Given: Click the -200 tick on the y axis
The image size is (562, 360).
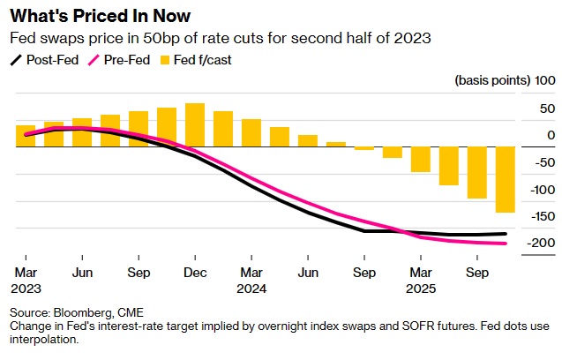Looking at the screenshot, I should tap(540, 244).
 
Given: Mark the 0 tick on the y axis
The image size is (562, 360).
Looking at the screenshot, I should tap(550, 135).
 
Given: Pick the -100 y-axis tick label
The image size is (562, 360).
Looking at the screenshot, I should tap(540, 190).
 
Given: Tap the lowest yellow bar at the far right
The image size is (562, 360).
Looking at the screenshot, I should tap(506, 180).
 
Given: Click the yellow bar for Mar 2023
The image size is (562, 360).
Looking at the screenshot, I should tap(26, 136).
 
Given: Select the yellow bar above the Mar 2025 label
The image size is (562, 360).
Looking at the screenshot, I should tap(421, 160).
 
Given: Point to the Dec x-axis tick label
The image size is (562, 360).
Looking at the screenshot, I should tap(195, 273).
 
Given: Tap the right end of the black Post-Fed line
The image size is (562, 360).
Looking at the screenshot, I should tap(505, 234).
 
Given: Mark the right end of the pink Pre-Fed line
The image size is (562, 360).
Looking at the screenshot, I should tap(505, 244).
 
